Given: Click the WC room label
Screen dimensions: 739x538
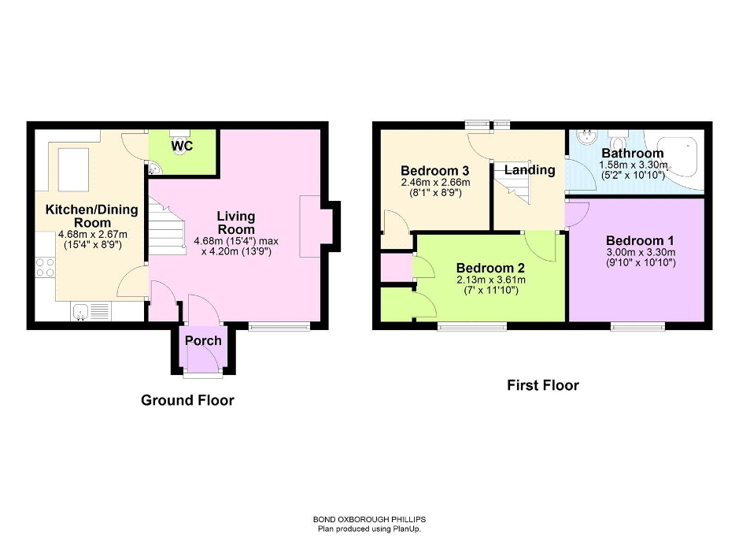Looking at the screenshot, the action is click(x=182, y=146).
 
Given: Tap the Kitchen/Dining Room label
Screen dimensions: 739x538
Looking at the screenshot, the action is click(x=92, y=216).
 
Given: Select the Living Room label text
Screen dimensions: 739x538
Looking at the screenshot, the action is click(x=236, y=223).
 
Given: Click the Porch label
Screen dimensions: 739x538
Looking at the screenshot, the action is click(x=203, y=340).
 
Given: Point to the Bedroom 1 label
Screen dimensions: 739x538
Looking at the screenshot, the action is click(x=640, y=240).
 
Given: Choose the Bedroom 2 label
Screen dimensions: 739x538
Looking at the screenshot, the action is click(x=490, y=268).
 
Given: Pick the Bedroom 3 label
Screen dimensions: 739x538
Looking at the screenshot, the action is click(x=435, y=170).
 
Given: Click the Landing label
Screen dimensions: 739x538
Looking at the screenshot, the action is click(x=530, y=169).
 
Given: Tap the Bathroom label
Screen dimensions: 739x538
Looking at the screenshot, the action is click(x=633, y=154).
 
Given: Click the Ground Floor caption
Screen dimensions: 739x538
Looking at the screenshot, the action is click(x=187, y=400).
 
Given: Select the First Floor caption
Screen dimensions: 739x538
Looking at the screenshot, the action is click(x=543, y=385).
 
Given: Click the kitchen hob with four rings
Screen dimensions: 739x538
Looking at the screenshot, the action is click(x=45, y=267).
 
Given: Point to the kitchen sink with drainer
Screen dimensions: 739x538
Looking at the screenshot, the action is click(x=91, y=312).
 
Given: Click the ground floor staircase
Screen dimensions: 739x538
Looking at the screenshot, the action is click(x=167, y=226).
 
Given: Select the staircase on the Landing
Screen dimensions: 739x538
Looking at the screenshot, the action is click(x=512, y=183).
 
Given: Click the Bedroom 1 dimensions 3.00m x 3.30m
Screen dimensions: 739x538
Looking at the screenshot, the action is click(x=641, y=252).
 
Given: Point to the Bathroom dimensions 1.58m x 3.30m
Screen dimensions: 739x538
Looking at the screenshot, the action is click(x=634, y=165).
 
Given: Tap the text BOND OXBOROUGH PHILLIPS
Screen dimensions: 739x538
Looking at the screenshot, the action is click(x=370, y=520).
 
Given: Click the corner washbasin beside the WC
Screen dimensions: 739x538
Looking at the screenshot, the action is click(x=154, y=169).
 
